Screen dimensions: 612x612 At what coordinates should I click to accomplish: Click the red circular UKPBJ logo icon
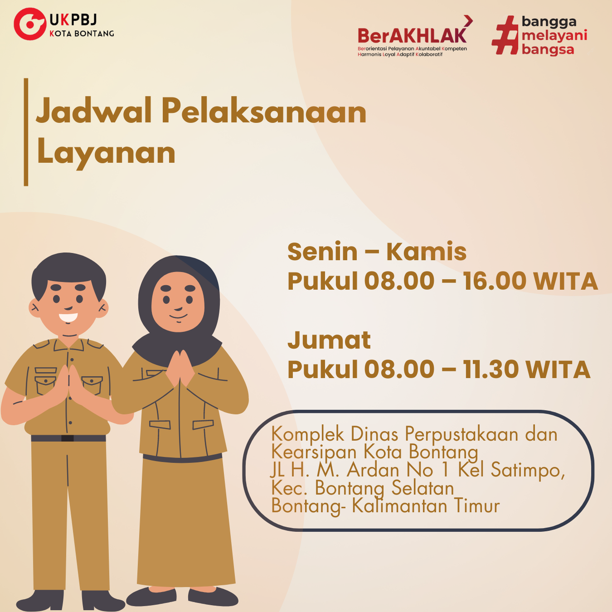(30, 24)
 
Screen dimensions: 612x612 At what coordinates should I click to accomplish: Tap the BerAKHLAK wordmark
(412, 35)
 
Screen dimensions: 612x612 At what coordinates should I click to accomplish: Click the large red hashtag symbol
(505, 35)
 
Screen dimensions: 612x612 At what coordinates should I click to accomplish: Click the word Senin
(323, 252)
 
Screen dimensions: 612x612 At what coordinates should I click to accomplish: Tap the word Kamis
(426, 252)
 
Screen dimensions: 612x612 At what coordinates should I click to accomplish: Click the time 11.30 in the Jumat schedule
(491, 369)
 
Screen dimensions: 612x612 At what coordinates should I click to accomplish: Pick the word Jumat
(329, 340)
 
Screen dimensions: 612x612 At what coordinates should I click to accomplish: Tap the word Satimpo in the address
(528, 471)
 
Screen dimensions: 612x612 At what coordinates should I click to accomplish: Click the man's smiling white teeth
(68, 317)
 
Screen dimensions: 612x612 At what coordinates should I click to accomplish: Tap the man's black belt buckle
(68, 438)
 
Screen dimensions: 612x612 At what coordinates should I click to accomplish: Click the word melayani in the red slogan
(554, 36)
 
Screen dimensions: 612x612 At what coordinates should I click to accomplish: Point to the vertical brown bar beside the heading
(26, 132)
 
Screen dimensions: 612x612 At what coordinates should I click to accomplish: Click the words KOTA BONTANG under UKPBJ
(82, 34)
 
